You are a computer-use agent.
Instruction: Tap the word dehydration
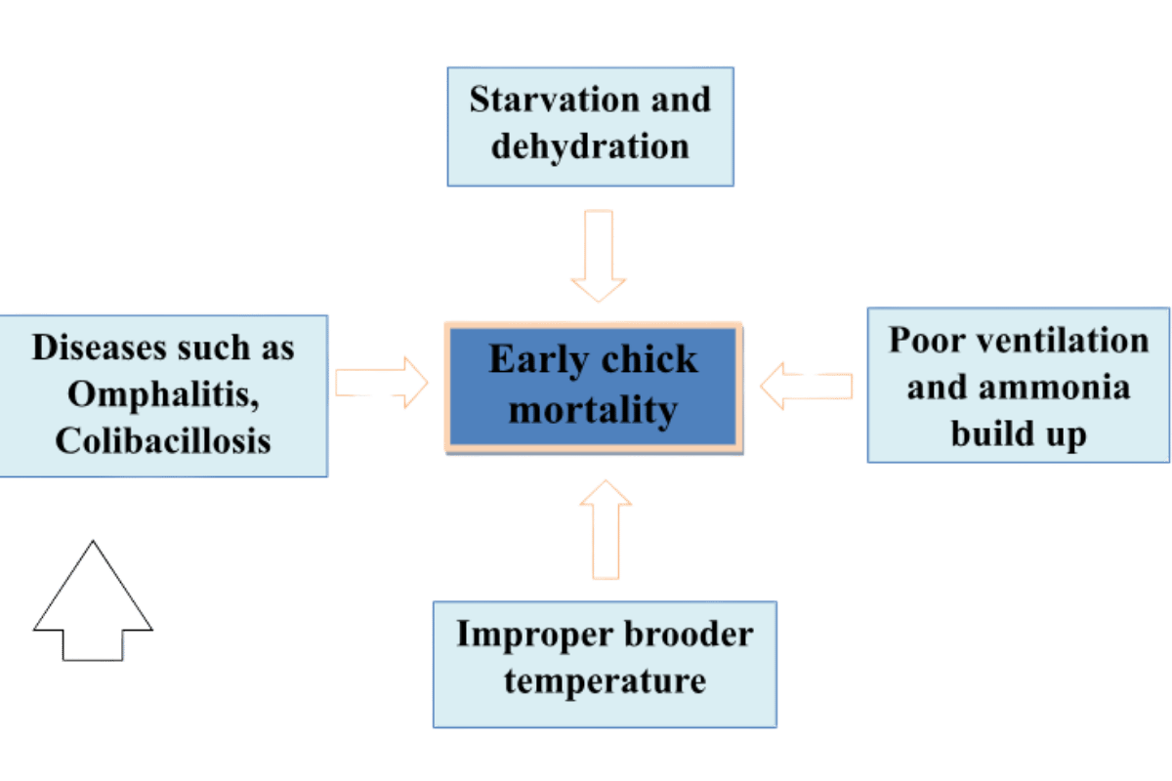(590, 146)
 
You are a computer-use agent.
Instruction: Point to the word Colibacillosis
(162, 440)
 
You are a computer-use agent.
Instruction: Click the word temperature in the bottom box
(605, 680)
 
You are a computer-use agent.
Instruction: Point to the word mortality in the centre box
(593, 410)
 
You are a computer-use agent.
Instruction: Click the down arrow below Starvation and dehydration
(597, 256)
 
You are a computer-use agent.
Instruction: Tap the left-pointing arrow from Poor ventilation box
(807, 385)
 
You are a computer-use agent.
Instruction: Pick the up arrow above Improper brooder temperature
(606, 529)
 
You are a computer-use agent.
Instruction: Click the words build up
(1019, 433)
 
